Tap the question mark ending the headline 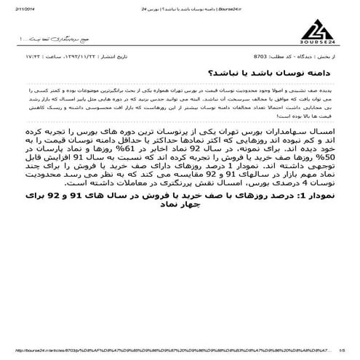point(210,94)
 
